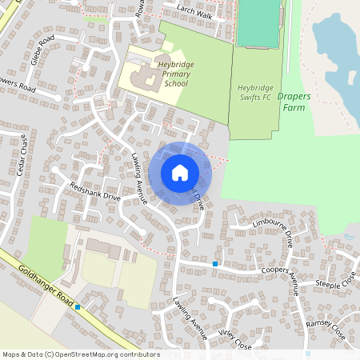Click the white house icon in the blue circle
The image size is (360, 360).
(x=180, y=172)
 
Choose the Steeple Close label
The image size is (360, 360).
(x=335, y=283)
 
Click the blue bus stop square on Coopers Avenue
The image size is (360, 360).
(x=215, y=264)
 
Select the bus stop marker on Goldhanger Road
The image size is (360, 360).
(x=78, y=306)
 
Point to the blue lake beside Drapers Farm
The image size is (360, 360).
(x=337, y=48)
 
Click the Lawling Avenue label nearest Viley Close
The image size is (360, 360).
(x=190, y=318)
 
